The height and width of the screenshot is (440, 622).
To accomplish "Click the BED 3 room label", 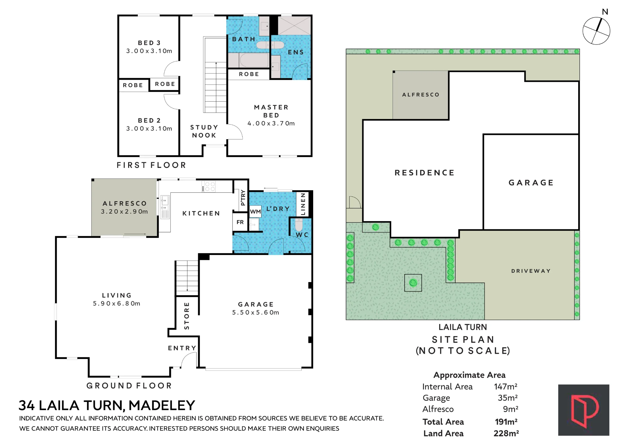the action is point(149,43).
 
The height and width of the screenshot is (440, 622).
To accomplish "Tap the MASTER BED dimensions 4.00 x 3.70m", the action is point(271,123).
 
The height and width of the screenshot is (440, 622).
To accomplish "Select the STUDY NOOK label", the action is point(204,131).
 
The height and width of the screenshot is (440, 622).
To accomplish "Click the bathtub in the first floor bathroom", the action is point(254,60).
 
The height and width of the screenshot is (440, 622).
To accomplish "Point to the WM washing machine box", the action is point(255,212).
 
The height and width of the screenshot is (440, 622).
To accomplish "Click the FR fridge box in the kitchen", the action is point(240,222).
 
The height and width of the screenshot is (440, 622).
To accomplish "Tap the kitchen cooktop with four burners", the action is point(208,187).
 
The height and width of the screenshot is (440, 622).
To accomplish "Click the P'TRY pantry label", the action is point(243,198).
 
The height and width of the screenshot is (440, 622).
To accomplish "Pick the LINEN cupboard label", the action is point(303,204).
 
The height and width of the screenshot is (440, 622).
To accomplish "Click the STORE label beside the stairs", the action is point(187,316).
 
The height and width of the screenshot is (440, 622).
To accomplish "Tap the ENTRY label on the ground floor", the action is point(182,348).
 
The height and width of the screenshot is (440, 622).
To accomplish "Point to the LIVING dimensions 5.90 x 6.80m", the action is point(117,303).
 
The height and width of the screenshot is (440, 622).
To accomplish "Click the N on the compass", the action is point(605,12).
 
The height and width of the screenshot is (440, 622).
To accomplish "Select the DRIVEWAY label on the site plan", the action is point(531,271).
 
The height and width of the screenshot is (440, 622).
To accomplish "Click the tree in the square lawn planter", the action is point(413,283).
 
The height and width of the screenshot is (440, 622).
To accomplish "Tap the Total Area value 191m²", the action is point(506,422).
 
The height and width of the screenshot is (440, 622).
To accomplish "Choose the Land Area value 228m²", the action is point(506,433).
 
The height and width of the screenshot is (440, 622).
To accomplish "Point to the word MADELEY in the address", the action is point(162,405).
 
